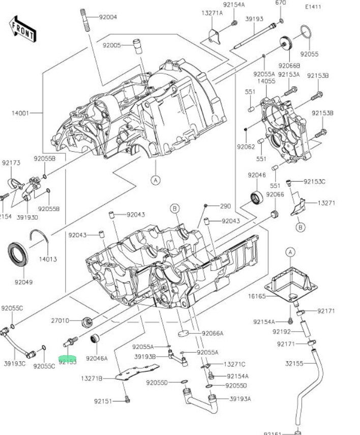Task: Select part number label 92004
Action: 108,17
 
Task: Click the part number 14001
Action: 20,113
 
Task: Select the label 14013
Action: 48,259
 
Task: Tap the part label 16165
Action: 257,296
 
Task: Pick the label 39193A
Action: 240,399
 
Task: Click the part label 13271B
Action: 92,379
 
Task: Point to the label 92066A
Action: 213,334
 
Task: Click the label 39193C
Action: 14,363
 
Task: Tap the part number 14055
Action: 266,81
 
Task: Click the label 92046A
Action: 97,358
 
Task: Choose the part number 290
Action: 225,207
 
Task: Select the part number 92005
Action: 111,45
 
